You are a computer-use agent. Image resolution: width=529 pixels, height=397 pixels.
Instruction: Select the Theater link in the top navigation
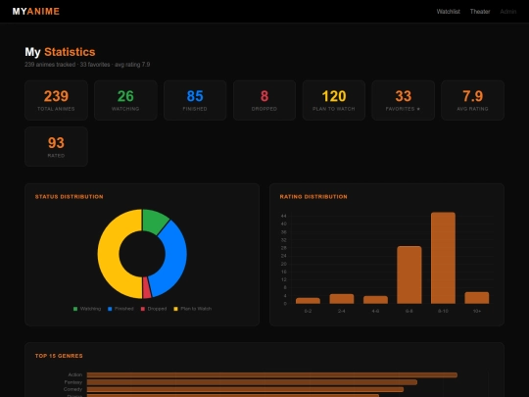tap(480, 12)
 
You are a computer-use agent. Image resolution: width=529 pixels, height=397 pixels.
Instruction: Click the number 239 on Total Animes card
tap(56, 96)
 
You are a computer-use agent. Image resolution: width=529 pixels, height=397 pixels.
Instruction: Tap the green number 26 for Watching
tap(125, 96)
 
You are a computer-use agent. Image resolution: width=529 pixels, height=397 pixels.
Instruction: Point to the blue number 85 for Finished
tap(195, 96)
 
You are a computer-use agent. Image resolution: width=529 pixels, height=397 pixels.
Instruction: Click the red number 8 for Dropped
tap(264, 96)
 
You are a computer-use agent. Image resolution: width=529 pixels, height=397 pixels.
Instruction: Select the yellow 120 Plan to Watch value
tap(334, 96)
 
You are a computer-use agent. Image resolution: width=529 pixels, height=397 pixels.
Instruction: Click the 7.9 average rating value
tap(472, 96)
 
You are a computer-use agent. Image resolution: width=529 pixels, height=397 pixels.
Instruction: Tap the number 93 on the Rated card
tap(56, 143)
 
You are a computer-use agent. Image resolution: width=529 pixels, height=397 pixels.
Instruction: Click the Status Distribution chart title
tap(69, 196)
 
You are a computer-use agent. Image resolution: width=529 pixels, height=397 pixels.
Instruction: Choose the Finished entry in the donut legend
tap(121, 308)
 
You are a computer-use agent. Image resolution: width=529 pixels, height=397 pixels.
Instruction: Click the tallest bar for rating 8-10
tap(443, 258)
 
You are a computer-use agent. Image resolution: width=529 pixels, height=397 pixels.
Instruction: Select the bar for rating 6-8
tap(409, 274)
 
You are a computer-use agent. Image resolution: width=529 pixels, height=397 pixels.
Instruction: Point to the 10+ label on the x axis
tap(476, 311)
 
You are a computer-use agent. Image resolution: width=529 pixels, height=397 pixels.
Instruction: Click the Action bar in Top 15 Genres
tap(271, 374)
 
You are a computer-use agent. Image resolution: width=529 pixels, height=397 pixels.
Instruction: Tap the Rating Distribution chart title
tap(313, 196)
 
